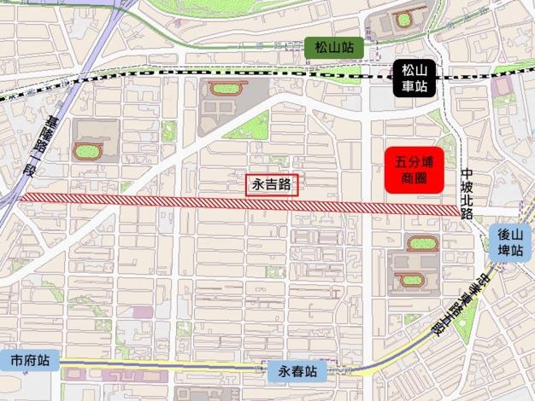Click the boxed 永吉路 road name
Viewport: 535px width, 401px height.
(x=272, y=183)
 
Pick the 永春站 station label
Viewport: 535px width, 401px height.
(x=297, y=373)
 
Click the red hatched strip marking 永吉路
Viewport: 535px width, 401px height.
(x=171, y=201)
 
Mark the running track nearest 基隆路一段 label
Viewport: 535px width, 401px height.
(x=86, y=152)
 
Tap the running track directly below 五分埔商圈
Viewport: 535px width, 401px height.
(x=419, y=244)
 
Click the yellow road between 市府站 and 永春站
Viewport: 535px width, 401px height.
(x=171, y=367)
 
